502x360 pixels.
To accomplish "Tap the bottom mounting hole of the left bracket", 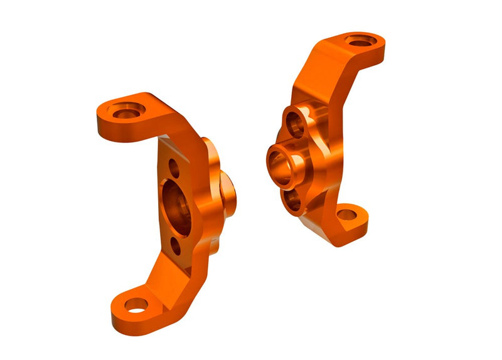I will coord(136,305).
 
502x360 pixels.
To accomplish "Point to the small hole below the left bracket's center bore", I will coord(176,246).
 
